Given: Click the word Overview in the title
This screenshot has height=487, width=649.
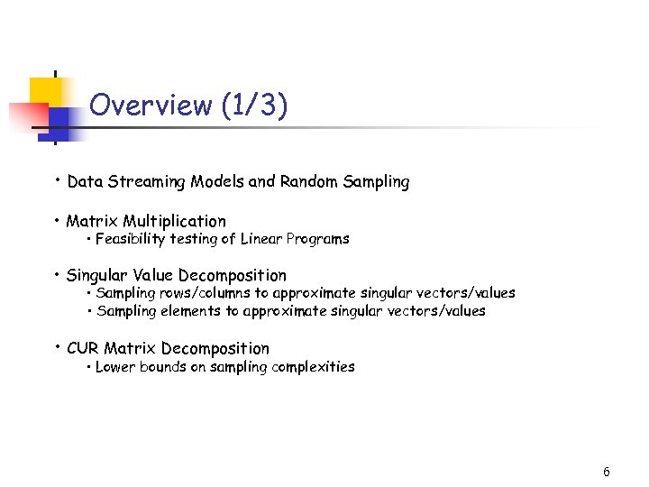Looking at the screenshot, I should pos(151,106).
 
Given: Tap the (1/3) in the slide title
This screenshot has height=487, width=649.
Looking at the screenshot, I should pos(253,106).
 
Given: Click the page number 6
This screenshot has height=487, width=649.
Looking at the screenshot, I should pos(607,472).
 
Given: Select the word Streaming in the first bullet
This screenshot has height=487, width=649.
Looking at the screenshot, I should pos(143,182).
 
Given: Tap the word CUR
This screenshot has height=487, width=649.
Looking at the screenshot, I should pos(82,348).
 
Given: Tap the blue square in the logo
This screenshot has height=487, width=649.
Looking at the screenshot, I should pos(59,119).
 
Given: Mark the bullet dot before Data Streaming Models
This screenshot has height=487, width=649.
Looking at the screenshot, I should pos(57,179).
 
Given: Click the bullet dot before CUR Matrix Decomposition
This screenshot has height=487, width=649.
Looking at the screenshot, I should pos(57,346).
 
